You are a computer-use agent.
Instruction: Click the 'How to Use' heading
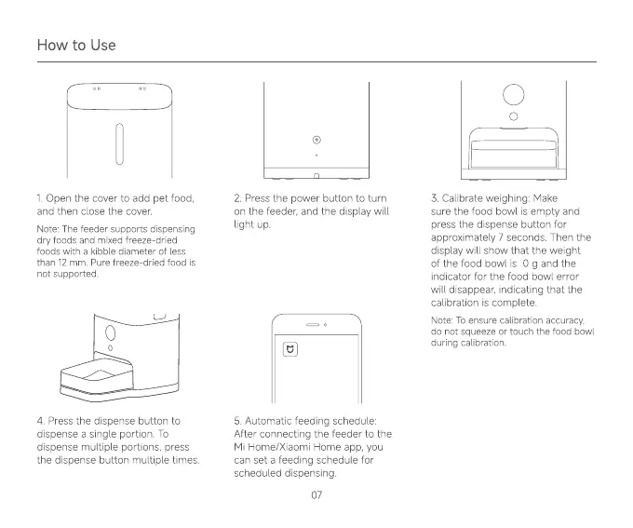[76, 45]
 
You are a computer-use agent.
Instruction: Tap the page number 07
[316, 494]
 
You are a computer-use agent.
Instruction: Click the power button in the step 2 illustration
[316, 139]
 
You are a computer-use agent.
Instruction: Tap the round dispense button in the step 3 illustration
[512, 95]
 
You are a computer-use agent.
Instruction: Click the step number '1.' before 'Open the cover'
[39, 197]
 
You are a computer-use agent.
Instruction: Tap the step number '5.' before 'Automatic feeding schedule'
[238, 421]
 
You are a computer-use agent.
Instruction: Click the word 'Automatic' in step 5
[275, 421]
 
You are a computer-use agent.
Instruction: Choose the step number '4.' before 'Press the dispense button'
[40, 421]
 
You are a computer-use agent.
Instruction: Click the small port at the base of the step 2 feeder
[316, 175]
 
